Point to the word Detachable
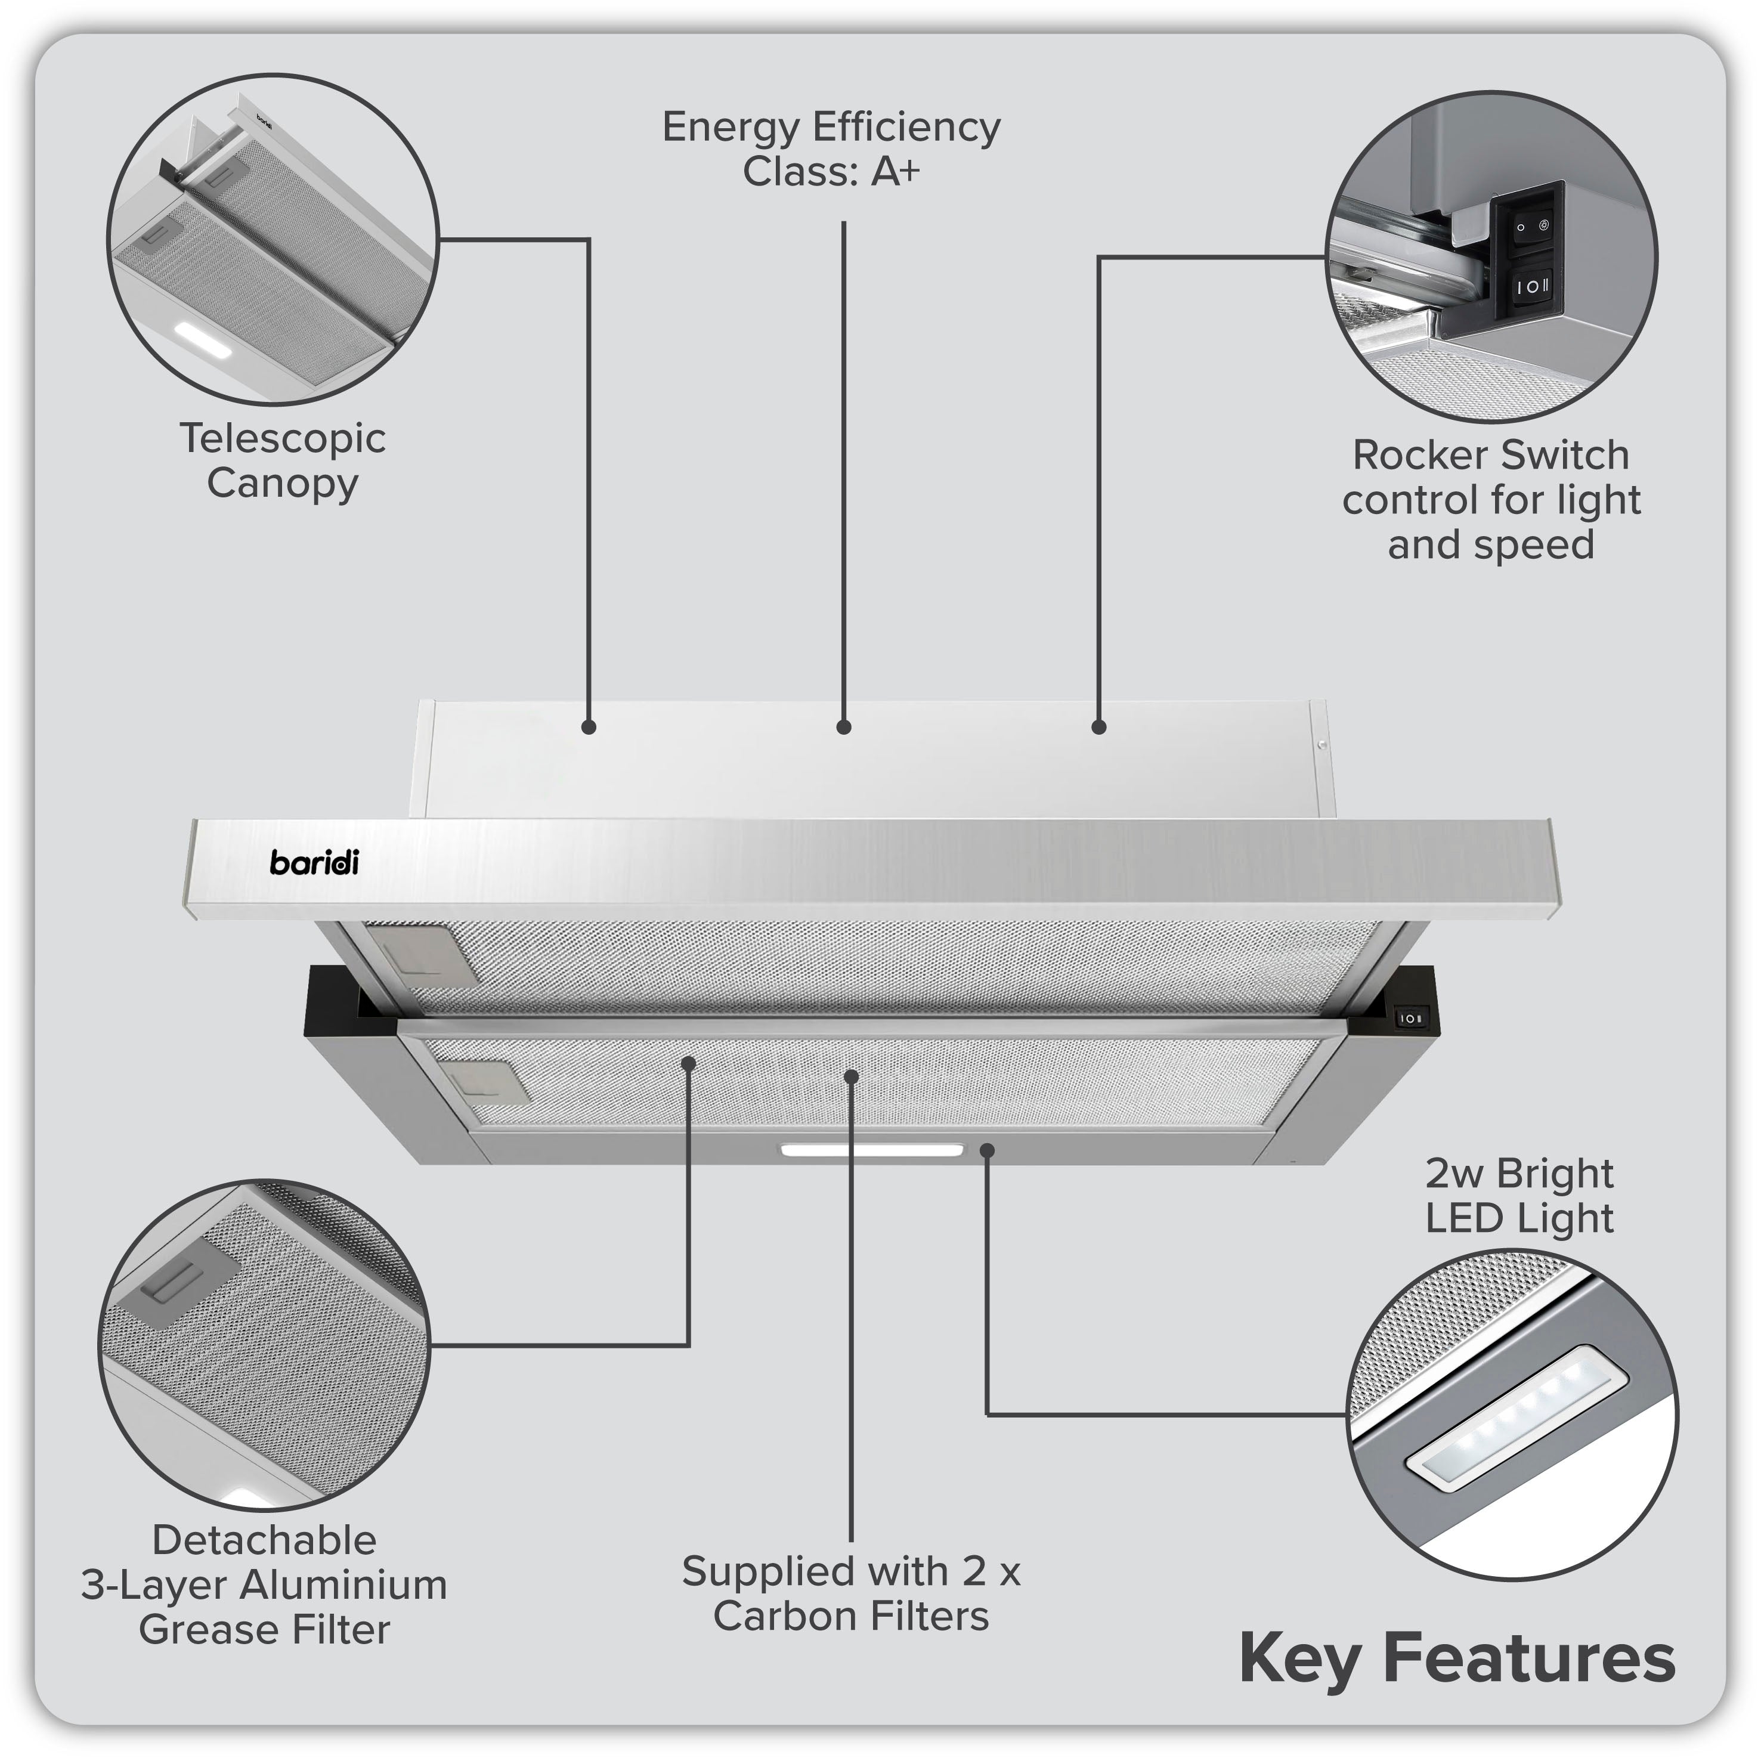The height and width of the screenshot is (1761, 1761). tap(264, 1540)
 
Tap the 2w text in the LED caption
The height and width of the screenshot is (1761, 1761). tap(1454, 1173)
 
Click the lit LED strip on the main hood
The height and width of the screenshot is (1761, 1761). tap(871, 1150)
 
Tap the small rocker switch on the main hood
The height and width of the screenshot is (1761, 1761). tap(1410, 1017)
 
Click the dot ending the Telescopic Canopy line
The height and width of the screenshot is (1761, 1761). tap(589, 726)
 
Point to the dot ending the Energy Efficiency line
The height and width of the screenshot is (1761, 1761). tap(843, 726)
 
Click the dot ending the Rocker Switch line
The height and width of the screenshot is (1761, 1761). tap(1098, 726)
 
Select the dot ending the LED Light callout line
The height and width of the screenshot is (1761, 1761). tap(986, 1150)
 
